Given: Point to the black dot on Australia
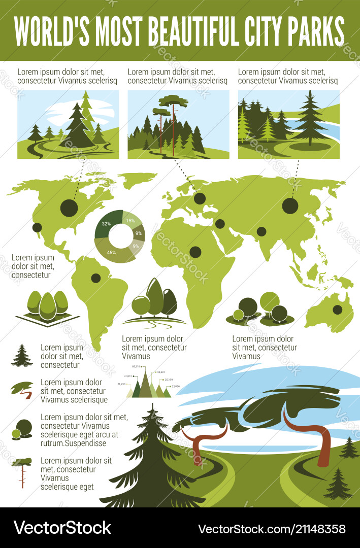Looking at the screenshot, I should pos(337,310).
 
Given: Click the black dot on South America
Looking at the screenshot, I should pos(95,278).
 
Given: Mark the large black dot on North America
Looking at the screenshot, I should pos(69,208).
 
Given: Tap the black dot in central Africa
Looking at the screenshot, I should pos(195,252).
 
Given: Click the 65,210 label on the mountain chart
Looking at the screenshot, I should pos(135,366).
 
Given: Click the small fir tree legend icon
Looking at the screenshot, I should pos(22,356).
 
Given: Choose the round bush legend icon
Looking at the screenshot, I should pos(22,429).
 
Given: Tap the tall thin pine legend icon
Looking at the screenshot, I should pos(22,472).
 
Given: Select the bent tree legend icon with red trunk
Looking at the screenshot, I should pos(22,390).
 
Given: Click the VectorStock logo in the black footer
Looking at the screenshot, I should pos(62,528).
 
